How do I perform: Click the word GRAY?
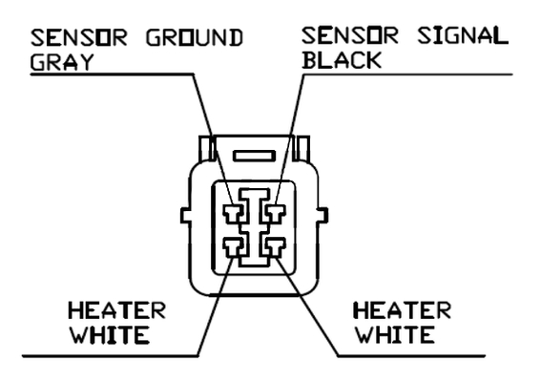pos(62,62)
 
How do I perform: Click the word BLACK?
pos(342,60)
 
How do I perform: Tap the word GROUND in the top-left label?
pos(195,37)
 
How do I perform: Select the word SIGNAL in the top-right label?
pos(463,35)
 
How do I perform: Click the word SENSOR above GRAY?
pos(79,37)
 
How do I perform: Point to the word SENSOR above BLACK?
pos(350,35)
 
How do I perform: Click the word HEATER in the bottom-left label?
pos(117,310)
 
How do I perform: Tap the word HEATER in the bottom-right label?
pos(403,309)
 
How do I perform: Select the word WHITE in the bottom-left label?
pos(110,334)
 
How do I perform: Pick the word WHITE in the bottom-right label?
pos(395,334)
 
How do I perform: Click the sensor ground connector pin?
pos(233,214)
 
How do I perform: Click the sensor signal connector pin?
pos(275,214)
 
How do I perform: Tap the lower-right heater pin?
pos(275,247)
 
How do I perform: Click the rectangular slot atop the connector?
pos(255,156)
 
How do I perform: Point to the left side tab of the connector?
pos(185,215)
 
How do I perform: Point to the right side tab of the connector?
pos(323,215)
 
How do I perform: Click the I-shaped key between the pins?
pos(255,228)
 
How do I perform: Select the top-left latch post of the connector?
pos(207,148)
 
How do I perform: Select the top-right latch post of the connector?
pos(302,148)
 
